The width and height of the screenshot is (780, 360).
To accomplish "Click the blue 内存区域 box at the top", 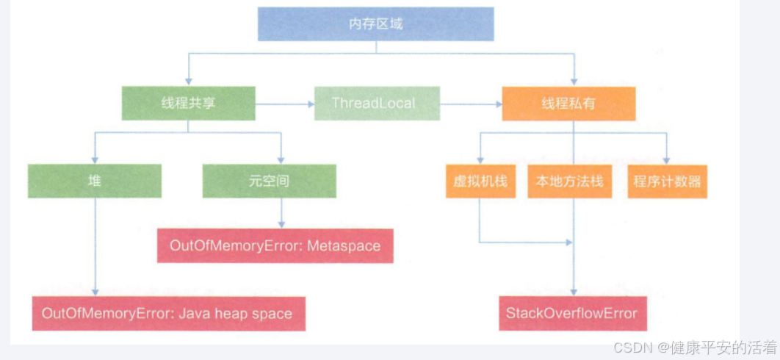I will [x=375, y=24].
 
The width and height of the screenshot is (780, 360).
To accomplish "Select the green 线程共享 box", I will [x=189, y=104].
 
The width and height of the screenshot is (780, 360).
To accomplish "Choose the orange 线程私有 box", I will [x=568, y=104].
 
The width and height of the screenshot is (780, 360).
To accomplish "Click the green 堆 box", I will [x=94, y=181].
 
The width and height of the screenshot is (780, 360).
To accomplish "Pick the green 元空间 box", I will [x=270, y=181].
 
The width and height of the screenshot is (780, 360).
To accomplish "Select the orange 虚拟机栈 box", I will [x=480, y=181].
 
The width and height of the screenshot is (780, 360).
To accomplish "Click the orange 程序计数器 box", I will [x=667, y=181].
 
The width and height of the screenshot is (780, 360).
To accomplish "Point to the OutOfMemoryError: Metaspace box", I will [x=275, y=245].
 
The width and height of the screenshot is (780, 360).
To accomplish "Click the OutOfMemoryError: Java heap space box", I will [x=167, y=314].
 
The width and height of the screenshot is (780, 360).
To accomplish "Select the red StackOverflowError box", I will [x=571, y=314].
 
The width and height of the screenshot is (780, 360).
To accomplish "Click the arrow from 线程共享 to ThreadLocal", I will [x=284, y=104].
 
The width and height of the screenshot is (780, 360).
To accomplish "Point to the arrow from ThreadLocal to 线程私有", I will [x=470, y=104].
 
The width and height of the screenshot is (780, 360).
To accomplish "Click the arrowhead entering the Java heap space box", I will [x=94, y=292].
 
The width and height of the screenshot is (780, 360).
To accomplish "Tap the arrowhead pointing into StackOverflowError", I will [x=573, y=292].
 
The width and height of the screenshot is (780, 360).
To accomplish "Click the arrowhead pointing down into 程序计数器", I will [x=666, y=159].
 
